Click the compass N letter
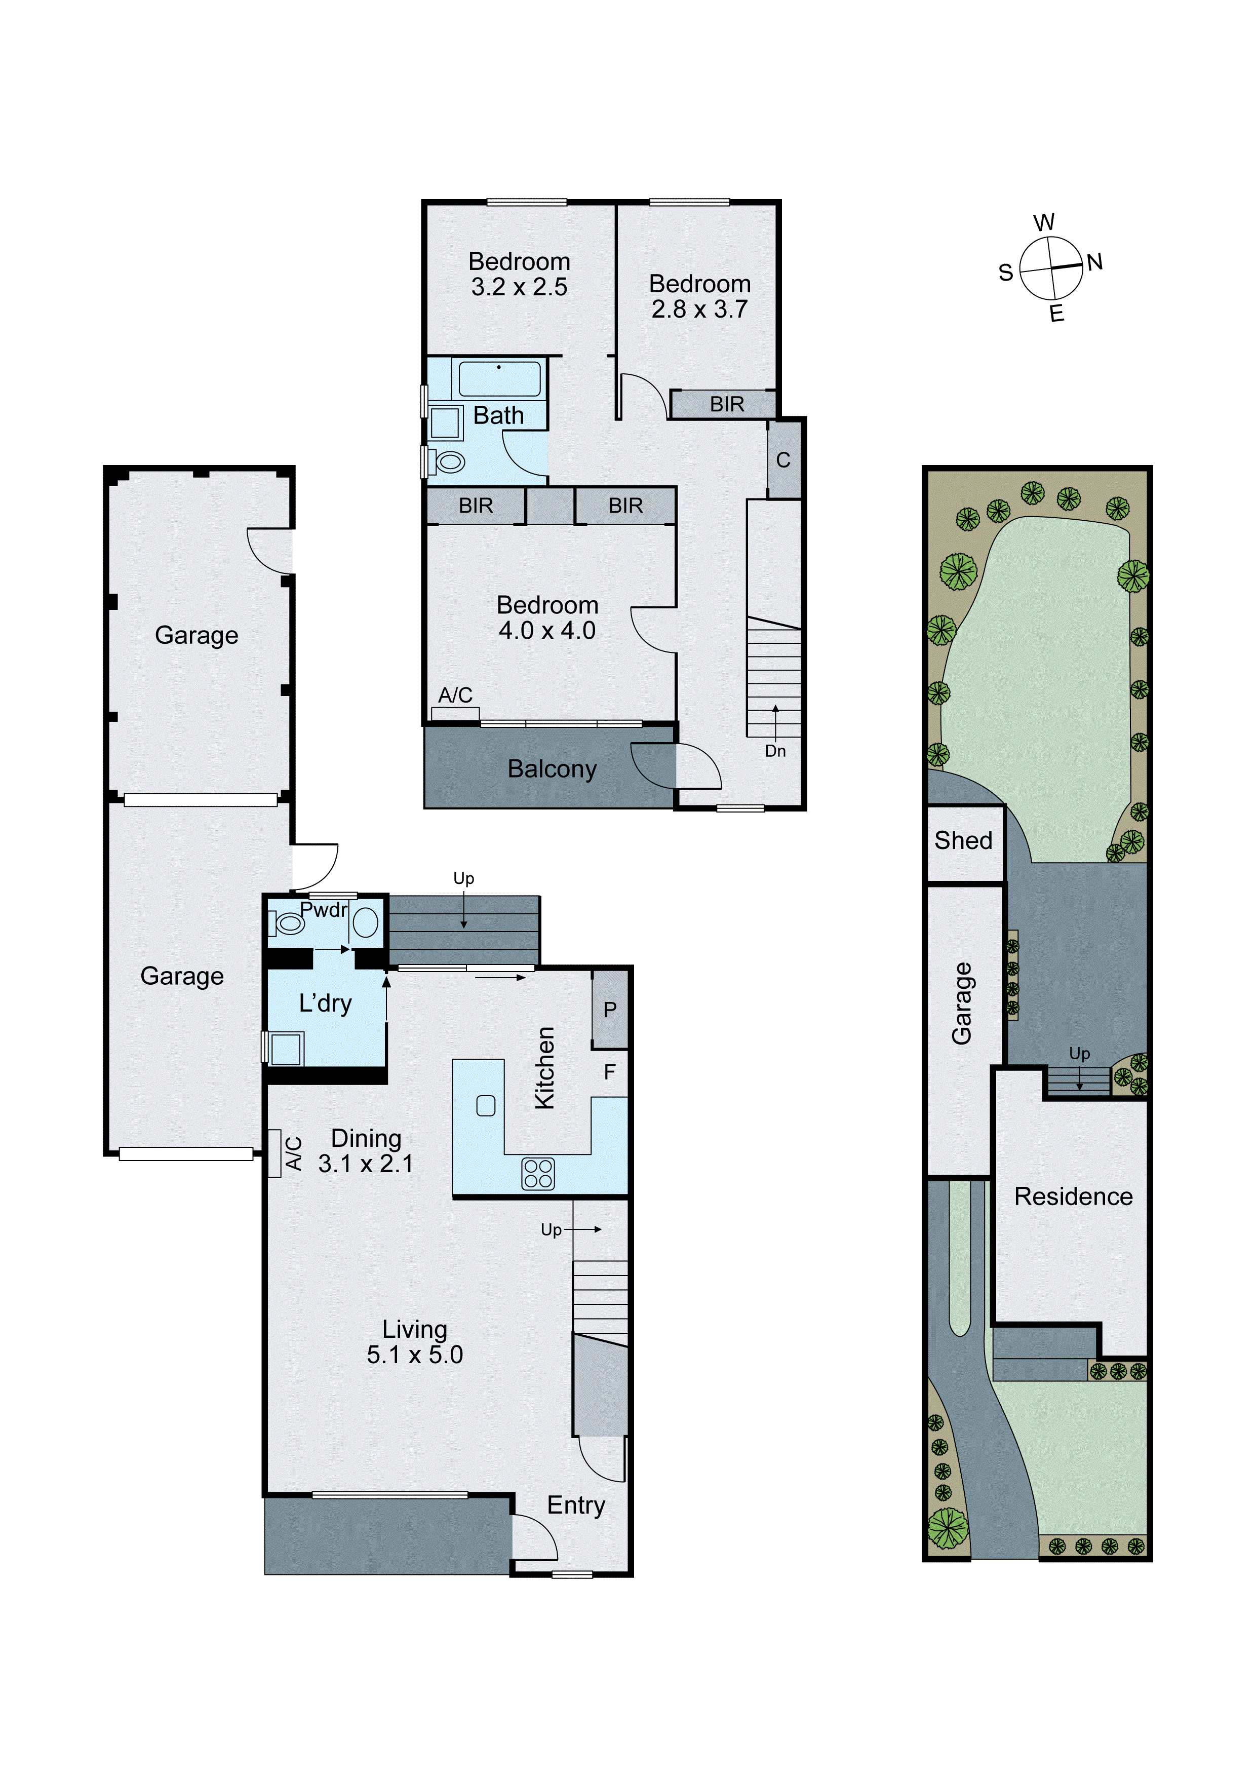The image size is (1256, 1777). coord(1094,262)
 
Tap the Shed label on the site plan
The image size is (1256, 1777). coord(963,840)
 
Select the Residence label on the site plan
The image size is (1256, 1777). coord(1073,1196)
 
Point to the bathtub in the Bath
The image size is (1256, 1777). coord(499,378)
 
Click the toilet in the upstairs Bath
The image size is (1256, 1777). coord(449,462)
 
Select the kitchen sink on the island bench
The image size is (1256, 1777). coord(486,1106)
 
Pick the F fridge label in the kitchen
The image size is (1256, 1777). coord(610,1072)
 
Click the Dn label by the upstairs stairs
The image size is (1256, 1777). coord(775,751)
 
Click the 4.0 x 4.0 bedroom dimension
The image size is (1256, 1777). coord(547,631)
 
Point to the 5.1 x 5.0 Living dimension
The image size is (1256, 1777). coord(415,1355)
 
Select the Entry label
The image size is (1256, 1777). coord(576,1504)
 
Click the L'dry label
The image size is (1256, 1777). coord(325,1004)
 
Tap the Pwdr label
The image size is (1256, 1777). coord(324,910)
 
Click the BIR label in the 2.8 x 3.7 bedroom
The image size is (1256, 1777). coord(727,404)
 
